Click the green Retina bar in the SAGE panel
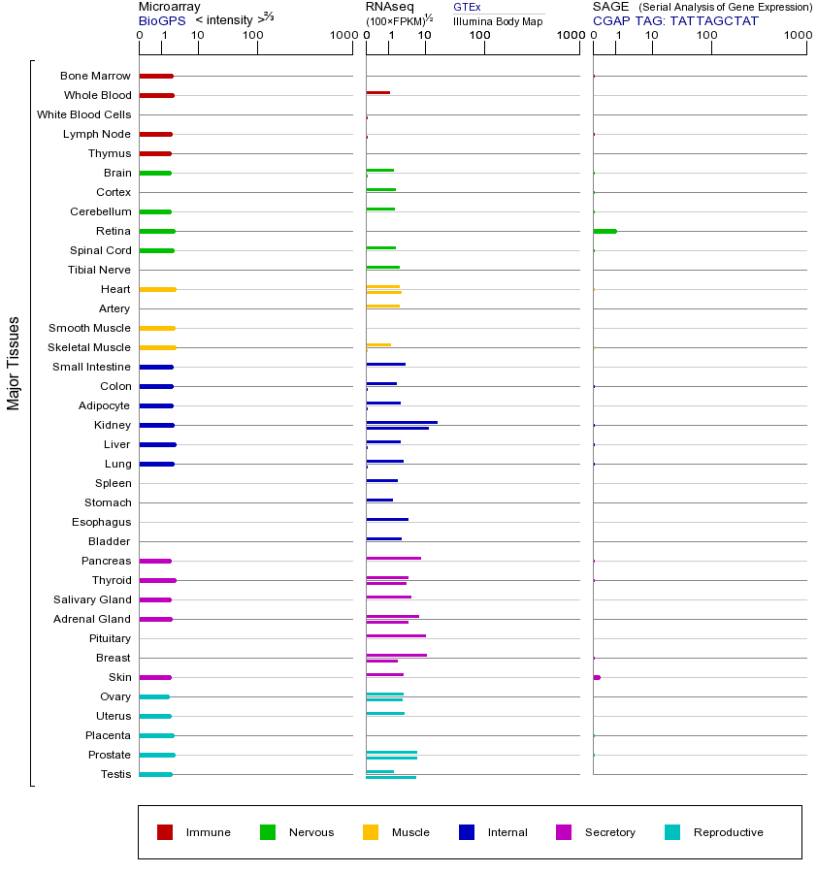pos(605,231)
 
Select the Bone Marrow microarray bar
pos(156,76)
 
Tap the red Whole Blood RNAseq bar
pos(377,93)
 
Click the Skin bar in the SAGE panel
pos(597,677)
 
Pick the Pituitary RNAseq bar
pos(396,635)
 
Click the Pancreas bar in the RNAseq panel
pos(393,558)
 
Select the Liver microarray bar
pos(157,444)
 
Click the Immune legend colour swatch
pos(165,832)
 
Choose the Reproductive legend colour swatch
pos(672,832)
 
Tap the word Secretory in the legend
pos(609,832)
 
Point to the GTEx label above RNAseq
pos(467,7)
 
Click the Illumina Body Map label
pos(498,20)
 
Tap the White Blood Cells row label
pos(83,114)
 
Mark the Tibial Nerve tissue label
pos(99,270)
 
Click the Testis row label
pos(115,774)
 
